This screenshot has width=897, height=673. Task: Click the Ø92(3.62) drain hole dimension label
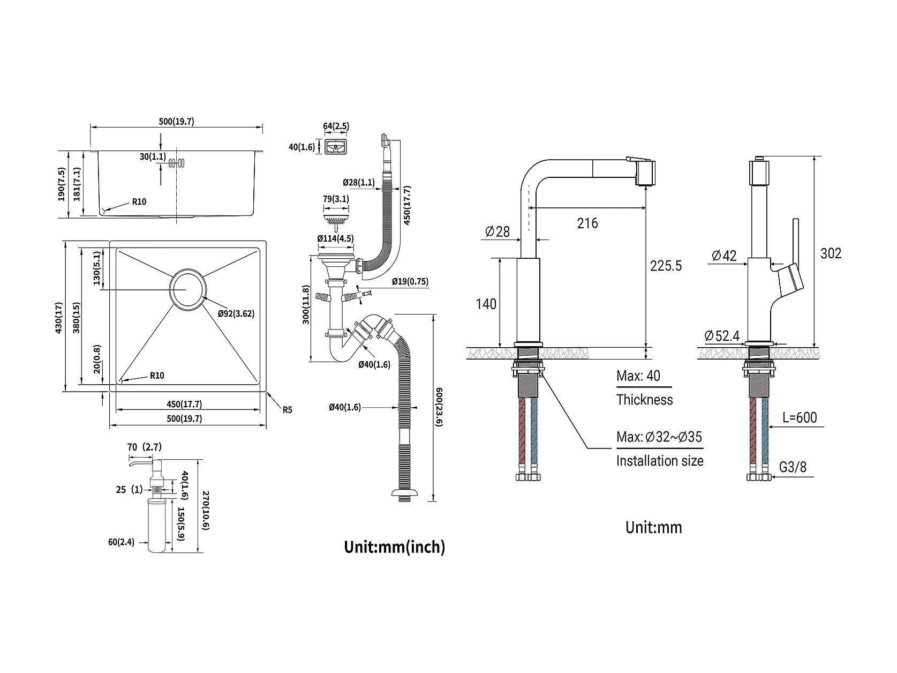(x=236, y=313)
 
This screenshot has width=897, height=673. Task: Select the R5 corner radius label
(x=287, y=410)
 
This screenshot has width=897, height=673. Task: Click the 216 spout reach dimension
(x=587, y=223)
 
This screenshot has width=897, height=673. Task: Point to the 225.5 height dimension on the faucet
(x=666, y=266)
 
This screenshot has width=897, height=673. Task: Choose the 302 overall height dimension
(x=831, y=253)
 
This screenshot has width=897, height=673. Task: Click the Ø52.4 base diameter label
(x=722, y=335)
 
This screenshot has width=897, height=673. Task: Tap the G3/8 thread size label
(x=793, y=467)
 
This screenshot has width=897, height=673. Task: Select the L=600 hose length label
(x=800, y=417)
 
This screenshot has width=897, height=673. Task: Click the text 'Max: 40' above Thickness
(x=638, y=376)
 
